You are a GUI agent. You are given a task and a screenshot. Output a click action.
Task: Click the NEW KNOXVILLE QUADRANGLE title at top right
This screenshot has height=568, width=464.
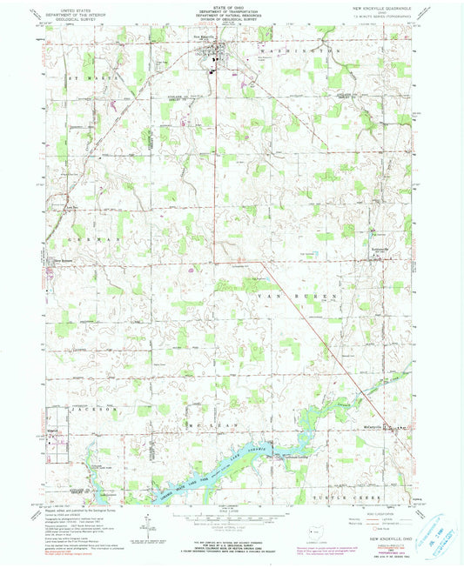pos(380,7)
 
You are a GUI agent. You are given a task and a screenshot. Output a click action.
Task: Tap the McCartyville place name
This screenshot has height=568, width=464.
pos(370,428)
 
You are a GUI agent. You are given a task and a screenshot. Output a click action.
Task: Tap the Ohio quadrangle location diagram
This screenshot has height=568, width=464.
pos(313,529)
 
